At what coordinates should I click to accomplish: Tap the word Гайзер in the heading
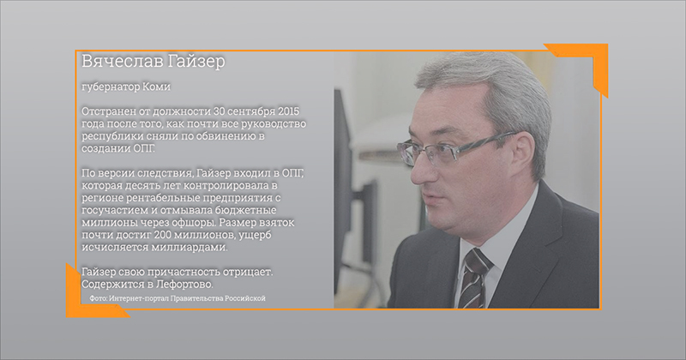pos(190,62)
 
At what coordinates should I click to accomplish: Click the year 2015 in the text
pos(288,111)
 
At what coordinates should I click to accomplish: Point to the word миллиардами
pos(190,248)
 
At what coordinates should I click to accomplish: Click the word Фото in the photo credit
pos(98,298)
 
